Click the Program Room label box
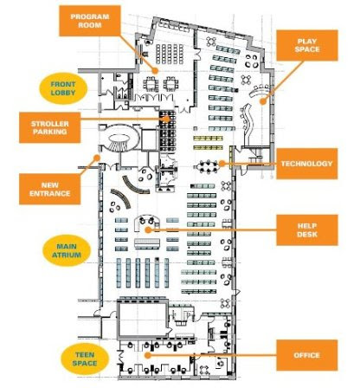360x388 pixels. pos(90,21)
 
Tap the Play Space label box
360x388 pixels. pos(307,45)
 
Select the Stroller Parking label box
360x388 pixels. pos(49,127)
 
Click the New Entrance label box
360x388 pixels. pos(49,189)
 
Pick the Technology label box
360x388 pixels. pos(307,164)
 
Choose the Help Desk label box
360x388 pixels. pos(307,230)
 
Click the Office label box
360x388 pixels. pos(307,355)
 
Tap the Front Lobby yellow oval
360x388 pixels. pos(63,88)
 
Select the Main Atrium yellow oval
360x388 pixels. pos(67,250)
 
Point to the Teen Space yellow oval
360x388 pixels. pos(85,359)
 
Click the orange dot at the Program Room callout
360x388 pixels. pos(156,70)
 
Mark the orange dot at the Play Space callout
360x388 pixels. pos(262,101)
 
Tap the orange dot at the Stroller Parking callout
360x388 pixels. pos(166,119)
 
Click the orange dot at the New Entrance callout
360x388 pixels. pos(98,158)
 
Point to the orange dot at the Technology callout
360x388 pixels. pos(222,164)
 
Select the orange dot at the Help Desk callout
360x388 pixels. pos(148,230)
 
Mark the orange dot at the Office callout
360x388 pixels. pos(147,355)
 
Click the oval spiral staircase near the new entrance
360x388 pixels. pos(119,138)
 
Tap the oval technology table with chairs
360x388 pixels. pos(208,167)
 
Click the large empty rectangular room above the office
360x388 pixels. pos(143,320)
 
